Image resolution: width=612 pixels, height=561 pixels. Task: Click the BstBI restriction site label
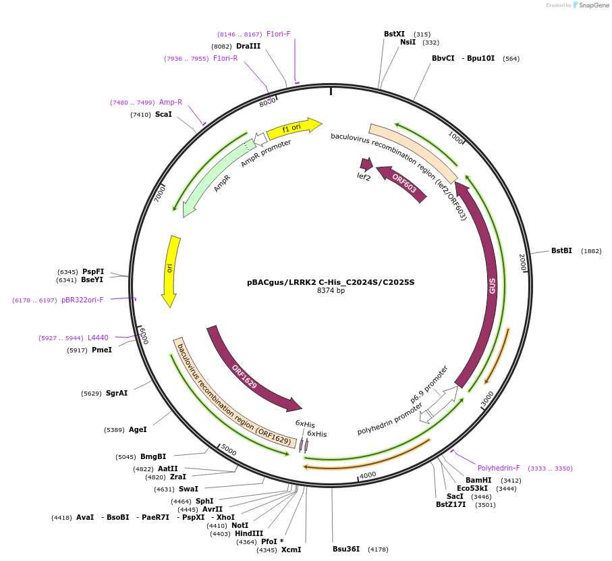pyautogui.click(x=561, y=250)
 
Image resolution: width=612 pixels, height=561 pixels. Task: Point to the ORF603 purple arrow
pyautogui.click(x=403, y=184)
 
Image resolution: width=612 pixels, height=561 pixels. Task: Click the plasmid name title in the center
pyautogui.click(x=331, y=282)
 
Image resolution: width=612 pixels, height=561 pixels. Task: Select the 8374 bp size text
pyautogui.click(x=331, y=291)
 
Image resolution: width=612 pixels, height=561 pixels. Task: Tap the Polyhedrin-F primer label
pyautogui.click(x=499, y=468)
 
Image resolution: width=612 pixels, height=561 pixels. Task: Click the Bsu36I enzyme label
pyautogui.click(x=346, y=549)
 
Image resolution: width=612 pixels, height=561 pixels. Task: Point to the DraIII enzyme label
pyautogui.click(x=248, y=46)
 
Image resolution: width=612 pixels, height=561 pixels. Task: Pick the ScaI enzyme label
pyautogui.click(x=163, y=115)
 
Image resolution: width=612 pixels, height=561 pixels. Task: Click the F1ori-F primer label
pyautogui.click(x=278, y=34)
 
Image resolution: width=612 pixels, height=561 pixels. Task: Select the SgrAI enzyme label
pyautogui.click(x=116, y=393)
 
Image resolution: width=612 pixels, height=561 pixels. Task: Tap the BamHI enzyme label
pyautogui.click(x=478, y=480)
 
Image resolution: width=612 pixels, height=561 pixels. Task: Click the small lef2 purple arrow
pyautogui.click(x=366, y=164)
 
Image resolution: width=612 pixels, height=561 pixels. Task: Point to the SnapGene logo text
pyautogui.click(x=591, y=5)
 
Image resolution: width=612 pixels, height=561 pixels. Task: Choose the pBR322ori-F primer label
pyautogui.click(x=82, y=300)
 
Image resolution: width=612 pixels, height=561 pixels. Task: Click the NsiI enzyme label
pyautogui.click(x=408, y=42)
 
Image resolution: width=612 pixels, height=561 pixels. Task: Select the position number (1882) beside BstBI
pyautogui.click(x=591, y=251)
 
